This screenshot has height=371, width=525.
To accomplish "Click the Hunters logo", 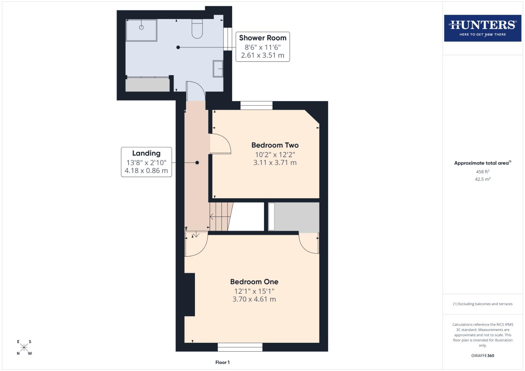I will (482, 28).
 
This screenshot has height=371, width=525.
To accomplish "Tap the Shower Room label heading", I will (263, 38).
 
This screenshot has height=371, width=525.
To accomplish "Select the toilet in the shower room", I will (197, 29).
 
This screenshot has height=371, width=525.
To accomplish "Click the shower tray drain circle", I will (141, 27).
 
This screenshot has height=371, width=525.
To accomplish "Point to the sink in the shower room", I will (218, 69).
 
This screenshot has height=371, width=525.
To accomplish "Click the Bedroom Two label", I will (275, 145).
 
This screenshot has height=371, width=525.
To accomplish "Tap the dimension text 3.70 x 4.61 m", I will (254, 299).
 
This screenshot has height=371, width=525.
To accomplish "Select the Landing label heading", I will (146, 153).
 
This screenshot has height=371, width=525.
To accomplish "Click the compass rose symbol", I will (24, 348).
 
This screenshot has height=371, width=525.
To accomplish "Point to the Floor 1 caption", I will (222, 362).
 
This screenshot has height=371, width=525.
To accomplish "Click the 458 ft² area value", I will (482, 172).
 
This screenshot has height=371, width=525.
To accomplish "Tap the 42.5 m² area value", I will (482, 179).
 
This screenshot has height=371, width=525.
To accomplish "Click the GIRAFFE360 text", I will (482, 356).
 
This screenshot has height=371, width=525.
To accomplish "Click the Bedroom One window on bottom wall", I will (240, 347).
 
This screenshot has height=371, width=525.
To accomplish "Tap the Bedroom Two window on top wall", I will (256, 105).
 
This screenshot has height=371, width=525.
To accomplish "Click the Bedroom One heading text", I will (254, 282).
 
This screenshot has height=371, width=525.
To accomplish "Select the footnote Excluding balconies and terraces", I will (482, 304).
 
